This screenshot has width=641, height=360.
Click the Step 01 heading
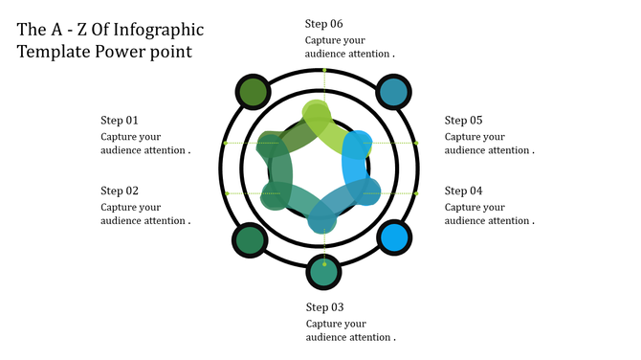coord(120,121)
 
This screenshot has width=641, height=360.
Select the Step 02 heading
coord(120,191)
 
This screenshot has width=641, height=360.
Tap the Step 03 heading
coord(324,308)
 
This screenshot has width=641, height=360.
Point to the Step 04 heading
coord(463,191)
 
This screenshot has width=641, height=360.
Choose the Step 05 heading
coord(463,121)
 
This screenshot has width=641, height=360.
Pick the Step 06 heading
coord(324,24)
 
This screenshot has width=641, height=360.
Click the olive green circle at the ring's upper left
coord(253,92)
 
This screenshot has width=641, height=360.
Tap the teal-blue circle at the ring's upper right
coord(393,92)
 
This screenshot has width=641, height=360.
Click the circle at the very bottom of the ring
coord(323,273)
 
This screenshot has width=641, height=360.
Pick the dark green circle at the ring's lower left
coord(250,239)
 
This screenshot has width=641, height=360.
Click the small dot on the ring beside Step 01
coord(225,144)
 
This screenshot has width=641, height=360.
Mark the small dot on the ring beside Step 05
coord(417,144)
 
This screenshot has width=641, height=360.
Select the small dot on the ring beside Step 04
coord(417,193)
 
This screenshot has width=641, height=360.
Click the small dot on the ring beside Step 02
coord(227,193)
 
